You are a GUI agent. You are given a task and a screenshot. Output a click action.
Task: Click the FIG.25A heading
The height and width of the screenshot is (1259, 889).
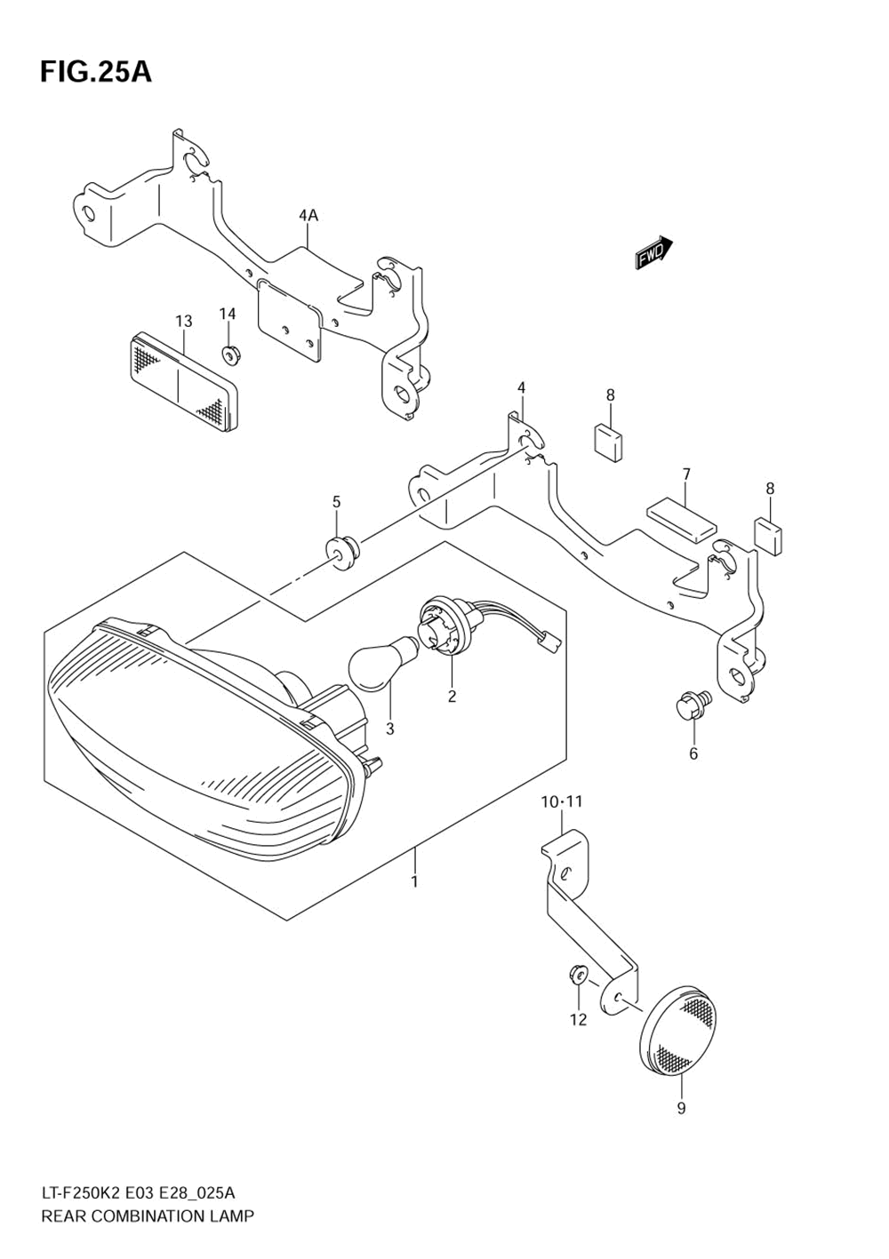(95, 72)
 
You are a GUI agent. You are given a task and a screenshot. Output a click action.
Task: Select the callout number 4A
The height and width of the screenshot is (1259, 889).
(308, 215)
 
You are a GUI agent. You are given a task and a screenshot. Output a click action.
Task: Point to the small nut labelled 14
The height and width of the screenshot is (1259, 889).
(231, 355)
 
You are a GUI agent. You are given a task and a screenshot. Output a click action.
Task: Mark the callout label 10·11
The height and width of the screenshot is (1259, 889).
(562, 801)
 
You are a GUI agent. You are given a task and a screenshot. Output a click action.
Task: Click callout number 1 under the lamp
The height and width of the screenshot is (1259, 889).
(414, 881)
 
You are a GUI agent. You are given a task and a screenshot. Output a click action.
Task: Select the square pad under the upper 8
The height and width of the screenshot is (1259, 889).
(609, 442)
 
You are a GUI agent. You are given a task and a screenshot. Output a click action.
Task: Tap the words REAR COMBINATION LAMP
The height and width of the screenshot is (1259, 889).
(147, 1215)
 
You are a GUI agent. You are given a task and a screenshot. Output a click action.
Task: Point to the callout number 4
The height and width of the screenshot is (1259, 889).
(522, 387)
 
